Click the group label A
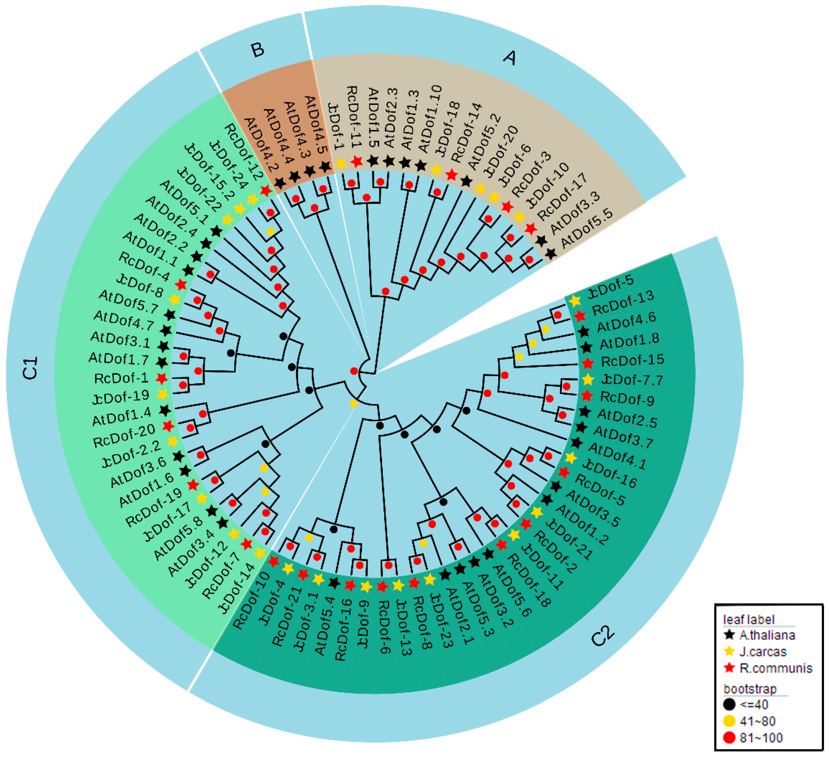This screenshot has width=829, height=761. pyautogui.click(x=509, y=58)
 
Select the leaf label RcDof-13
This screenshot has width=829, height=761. pyautogui.click(x=622, y=303)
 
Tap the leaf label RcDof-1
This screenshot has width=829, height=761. pyautogui.click(x=121, y=378)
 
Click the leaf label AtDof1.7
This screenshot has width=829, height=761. pyautogui.click(x=118, y=359)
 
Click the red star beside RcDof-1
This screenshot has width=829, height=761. pyautogui.click(x=161, y=378)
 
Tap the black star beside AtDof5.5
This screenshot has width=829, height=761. pyautogui.click(x=551, y=254)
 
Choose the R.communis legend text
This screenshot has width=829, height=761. pyautogui.click(x=776, y=668)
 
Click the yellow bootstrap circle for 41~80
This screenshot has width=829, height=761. pyautogui.click(x=729, y=721)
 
